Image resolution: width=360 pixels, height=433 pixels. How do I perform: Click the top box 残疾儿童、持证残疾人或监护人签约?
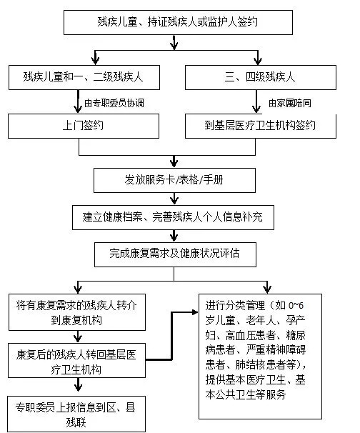click(x=174, y=23)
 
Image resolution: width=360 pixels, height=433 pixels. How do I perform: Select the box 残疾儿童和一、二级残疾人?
click(x=79, y=75)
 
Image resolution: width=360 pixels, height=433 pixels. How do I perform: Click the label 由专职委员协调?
click(x=114, y=103)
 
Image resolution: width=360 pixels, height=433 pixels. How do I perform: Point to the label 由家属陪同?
click(x=289, y=103)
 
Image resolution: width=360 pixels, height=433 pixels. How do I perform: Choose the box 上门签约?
click(x=79, y=127)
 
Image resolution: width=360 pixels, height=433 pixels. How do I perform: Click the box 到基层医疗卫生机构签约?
click(x=260, y=127)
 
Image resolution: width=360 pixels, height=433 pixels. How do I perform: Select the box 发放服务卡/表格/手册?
click(x=173, y=178)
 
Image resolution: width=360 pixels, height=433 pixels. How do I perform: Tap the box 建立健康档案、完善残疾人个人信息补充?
click(x=173, y=216)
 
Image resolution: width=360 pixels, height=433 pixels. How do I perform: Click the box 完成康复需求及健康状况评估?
click(x=174, y=253)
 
